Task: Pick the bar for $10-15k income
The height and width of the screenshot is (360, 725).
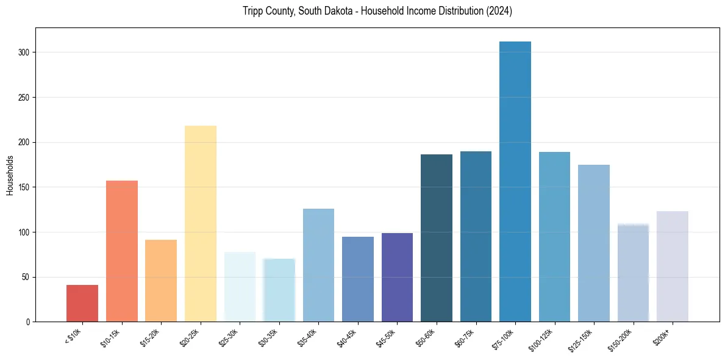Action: pyautogui.click(x=122, y=251)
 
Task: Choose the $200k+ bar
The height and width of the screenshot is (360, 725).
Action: pyautogui.click(x=673, y=266)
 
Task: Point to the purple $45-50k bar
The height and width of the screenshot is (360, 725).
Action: pyautogui.click(x=397, y=277)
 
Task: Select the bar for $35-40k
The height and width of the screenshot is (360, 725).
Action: pyautogui.click(x=318, y=265)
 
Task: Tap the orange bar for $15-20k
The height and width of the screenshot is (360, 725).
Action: pyautogui.click(x=161, y=281)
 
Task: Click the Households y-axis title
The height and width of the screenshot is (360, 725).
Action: pyautogui.click(x=10, y=175)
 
